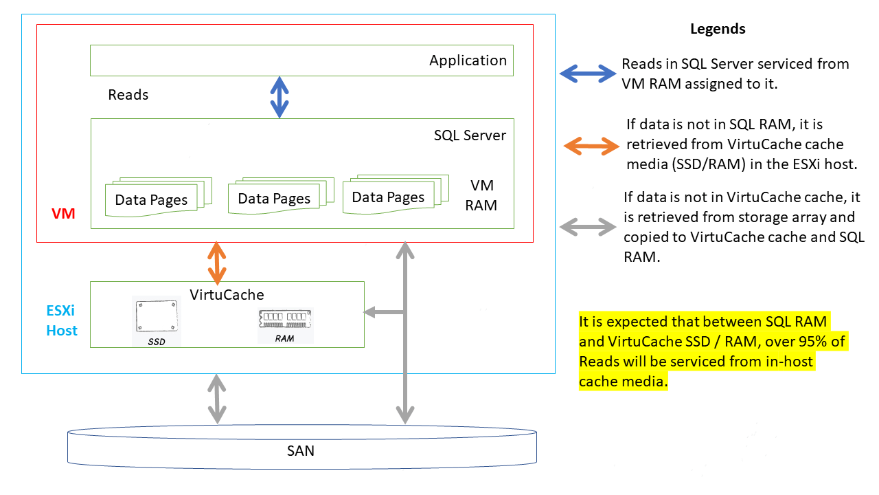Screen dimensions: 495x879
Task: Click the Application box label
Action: tap(468, 60)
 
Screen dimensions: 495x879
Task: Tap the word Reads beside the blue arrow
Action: tap(128, 95)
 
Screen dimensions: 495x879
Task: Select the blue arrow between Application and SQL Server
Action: tap(279, 97)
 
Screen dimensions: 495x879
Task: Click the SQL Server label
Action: tap(470, 135)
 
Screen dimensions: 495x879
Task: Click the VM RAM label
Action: tap(481, 195)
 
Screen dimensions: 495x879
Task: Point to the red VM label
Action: tap(63, 214)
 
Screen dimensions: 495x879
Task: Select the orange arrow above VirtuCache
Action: tap(218, 263)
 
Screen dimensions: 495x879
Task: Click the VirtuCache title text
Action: tap(227, 295)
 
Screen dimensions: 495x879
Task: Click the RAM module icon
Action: tap(285, 321)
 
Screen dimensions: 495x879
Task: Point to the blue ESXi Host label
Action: tap(62, 321)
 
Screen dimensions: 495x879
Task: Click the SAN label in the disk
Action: tap(300, 451)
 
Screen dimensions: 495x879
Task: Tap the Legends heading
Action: tap(718, 29)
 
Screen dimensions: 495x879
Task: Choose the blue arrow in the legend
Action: tap(588, 73)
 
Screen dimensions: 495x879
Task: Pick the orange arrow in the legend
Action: tap(591, 145)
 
